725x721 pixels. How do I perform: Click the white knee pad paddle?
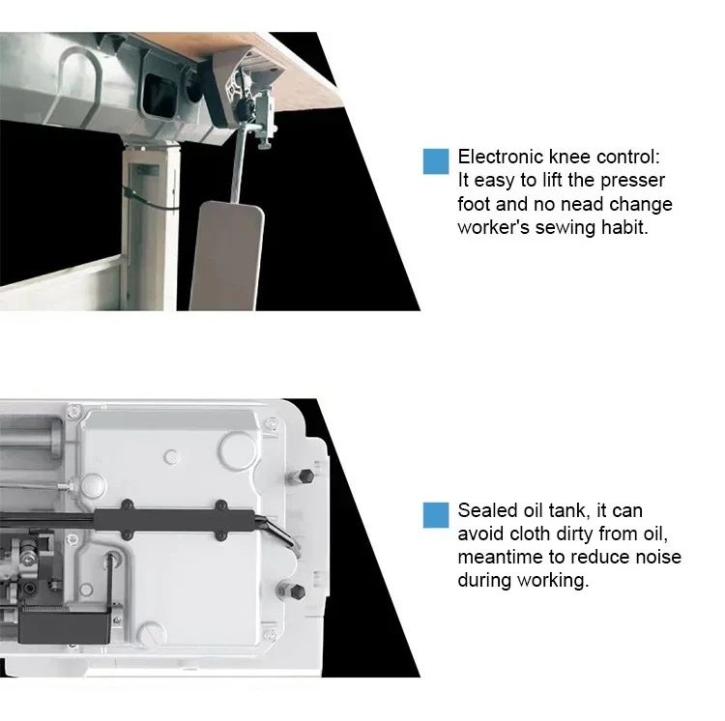[x=225, y=253]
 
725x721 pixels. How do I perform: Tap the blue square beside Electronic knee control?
[x=436, y=161]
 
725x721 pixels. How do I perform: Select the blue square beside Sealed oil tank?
[x=436, y=515]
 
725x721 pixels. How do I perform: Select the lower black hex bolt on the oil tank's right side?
[x=297, y=591]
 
